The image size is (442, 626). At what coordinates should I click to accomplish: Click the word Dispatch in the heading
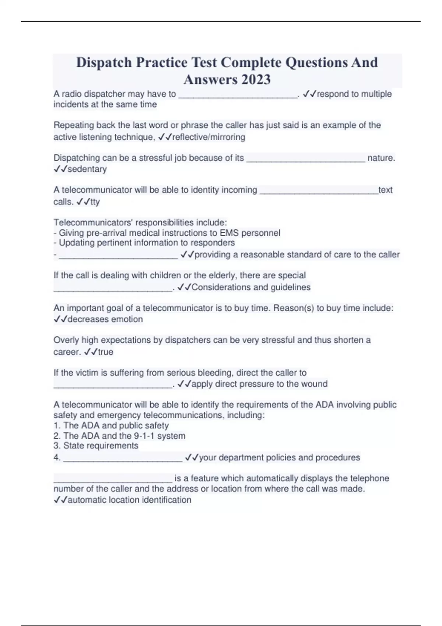point(104,63)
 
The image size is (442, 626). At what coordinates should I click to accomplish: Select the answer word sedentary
point(87,169)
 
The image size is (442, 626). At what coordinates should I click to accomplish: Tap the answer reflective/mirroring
point(208,137)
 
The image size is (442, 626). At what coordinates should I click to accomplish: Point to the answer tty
point(95,202)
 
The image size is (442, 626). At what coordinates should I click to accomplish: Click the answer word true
point(105,352)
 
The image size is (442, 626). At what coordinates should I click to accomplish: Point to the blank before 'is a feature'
point(113,479)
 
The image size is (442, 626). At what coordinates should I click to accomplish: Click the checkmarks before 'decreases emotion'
point(60,319)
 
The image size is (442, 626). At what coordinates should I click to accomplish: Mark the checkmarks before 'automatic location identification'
point(60,500)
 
